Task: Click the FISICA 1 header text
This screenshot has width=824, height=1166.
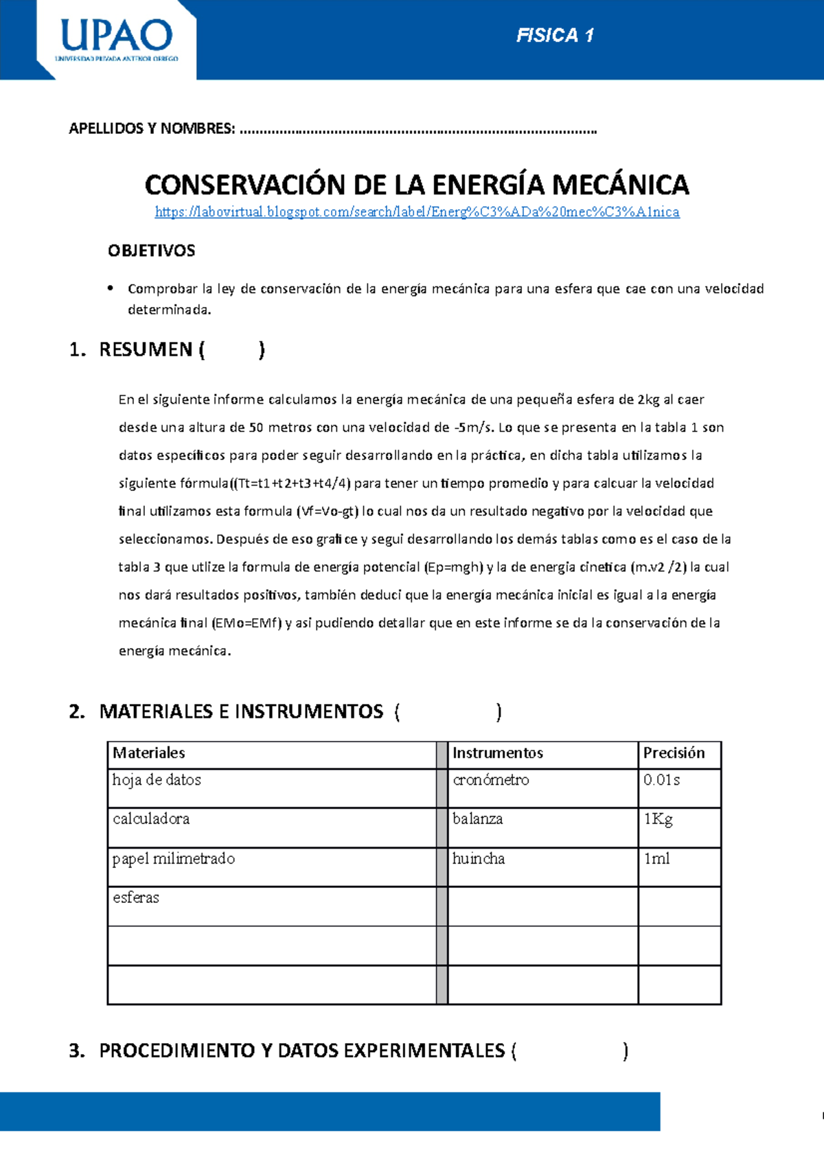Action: pyautogui.click(x=555, y=36)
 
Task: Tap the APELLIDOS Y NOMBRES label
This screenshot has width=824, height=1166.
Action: pyautogui.click(x=152, y=128)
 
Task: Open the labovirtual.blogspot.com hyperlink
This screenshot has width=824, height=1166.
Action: pyautogui.click(x=417, y=212)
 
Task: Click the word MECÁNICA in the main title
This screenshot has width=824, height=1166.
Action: pyautogui.click(x=620, y=185)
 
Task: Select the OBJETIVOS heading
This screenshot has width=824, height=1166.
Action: pyautogui.click(x=151, y=251)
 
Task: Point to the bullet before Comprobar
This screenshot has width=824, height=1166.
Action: pyautogui.click(x=110, y=288)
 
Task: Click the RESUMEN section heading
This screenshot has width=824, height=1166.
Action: pyautogui.click(x=146, y=350)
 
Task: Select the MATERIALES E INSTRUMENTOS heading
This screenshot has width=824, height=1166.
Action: pyautogui.click(x=241, y=711)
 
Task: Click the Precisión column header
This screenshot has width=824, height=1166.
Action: pyautogui.click(x=674, y=753)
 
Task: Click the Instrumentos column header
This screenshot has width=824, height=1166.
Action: pyautogui.click(x=498, y=753)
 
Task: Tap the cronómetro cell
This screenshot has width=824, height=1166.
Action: pyautogui.click(x=491, y=780)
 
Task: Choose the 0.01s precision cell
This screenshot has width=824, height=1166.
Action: pyautogui.click(x=662, y=780)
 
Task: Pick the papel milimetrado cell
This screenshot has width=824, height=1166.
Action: pyautogui.click(x=174, y=859)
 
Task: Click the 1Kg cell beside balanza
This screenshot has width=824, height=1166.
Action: pyautogui.click(x=658, y=819)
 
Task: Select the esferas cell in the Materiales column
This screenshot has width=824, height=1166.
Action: pyautogui.click(x=136, y=898)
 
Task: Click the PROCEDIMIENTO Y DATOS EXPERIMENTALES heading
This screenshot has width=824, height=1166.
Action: pyautogui.click(x=302, y=1051)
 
